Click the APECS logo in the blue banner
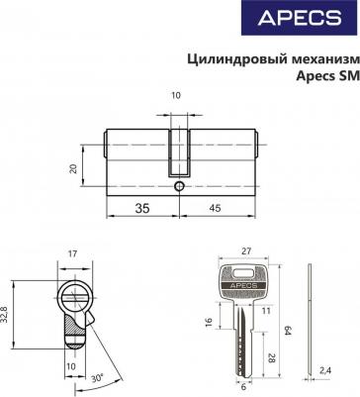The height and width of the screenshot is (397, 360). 300,18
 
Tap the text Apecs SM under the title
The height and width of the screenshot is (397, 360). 327,76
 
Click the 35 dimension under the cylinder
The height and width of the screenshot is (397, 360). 142,208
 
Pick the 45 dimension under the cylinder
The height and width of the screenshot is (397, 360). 215,208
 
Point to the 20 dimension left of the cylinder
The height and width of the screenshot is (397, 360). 73,168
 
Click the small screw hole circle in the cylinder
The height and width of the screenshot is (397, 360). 179,186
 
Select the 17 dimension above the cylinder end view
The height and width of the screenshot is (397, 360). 72,253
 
